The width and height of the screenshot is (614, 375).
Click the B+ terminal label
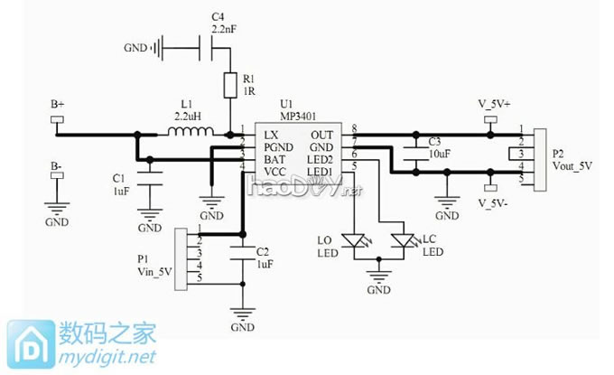tap(57, 105)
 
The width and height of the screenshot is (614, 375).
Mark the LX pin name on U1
tap(270, 134)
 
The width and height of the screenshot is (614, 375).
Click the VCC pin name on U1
tap(275, 169)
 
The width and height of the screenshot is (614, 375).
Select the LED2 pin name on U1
tap(321, 157)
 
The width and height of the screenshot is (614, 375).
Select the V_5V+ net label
tap(494, 104)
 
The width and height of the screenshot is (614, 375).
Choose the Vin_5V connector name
tap(153, 269)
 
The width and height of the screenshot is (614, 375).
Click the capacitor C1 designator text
tap(118, 177)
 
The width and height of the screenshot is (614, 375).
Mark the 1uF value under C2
tap(263, 264)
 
